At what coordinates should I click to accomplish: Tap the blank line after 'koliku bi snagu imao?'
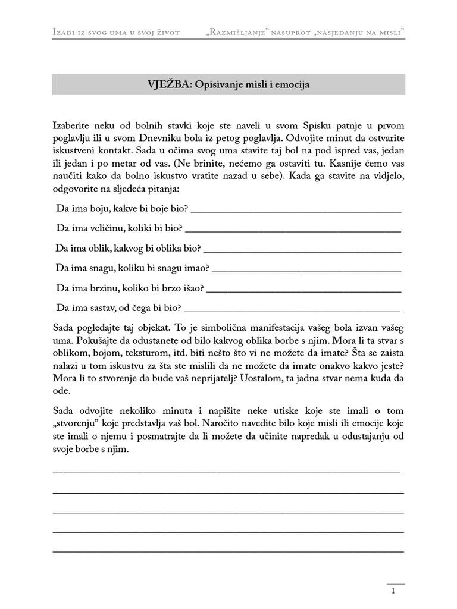[306, 269]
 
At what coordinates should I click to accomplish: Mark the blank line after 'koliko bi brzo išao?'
[303, 289]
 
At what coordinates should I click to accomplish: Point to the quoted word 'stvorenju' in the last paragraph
[74, 425]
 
